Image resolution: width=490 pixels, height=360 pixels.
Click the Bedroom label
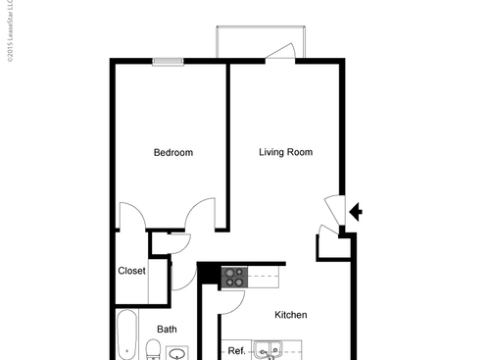172,153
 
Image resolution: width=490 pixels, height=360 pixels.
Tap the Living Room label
285,152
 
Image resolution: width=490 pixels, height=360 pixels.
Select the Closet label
131,271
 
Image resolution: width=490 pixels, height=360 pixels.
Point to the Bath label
167,330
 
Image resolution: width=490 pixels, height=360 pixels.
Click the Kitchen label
290,315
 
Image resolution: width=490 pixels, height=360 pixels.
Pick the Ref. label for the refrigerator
236,350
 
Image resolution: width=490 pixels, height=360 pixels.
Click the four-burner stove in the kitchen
233,278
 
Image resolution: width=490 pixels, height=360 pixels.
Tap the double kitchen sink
266,349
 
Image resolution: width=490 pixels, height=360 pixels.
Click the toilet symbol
153,349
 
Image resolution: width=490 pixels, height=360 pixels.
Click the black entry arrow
356,210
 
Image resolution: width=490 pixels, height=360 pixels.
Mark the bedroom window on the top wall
168,62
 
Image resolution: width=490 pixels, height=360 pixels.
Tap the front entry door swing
334,209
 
